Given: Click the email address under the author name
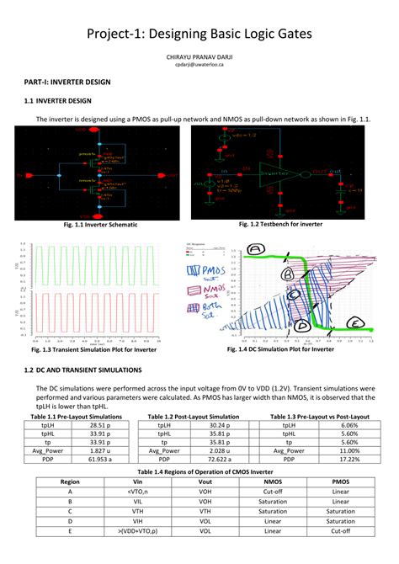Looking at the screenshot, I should [199, 64].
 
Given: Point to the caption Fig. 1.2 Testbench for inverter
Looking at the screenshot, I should [280, 225].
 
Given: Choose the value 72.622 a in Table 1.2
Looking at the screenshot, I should [218, 460].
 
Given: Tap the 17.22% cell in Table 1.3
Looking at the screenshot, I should [349, 460].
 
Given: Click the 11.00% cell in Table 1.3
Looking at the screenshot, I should [349, 451].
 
